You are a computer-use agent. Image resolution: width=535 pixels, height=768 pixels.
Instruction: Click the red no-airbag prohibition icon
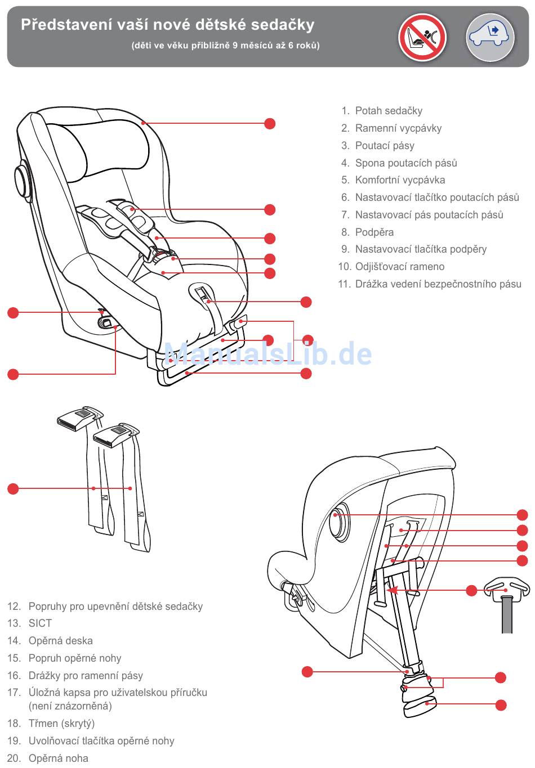click(422, 37)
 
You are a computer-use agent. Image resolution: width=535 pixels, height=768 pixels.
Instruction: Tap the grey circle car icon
click(490, 37)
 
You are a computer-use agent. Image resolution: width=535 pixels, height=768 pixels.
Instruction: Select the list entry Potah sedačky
click(388, 111)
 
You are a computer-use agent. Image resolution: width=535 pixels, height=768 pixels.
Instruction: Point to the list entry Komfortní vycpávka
click(399, 180)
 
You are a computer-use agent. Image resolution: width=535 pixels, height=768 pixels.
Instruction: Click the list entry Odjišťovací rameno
click(399, 267)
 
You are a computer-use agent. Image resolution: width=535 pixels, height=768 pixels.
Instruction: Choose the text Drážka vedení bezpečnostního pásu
click(438, 284)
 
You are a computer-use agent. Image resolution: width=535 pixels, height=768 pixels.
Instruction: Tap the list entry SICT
click(40, 623)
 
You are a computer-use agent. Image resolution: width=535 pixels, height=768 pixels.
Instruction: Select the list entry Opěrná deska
click(60, 641)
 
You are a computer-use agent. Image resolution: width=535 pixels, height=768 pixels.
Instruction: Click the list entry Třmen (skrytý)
click(61, 724)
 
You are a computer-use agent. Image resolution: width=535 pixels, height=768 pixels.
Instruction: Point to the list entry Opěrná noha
click(58, 758)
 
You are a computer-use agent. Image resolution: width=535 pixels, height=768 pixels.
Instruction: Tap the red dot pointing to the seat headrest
click(270, 123)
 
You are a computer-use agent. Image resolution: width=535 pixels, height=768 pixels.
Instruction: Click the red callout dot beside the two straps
click(13, 488)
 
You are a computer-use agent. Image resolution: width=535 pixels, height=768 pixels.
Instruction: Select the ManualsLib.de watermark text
click(268, 354)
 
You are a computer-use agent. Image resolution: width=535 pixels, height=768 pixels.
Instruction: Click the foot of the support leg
click(419, 706)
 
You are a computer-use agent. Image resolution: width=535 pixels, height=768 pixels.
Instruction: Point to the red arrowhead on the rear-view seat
click(393, 590)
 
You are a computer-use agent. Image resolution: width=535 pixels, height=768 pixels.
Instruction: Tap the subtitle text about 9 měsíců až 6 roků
click(225, 45)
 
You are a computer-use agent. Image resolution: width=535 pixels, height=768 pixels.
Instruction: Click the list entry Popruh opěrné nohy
click(74, 658)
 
